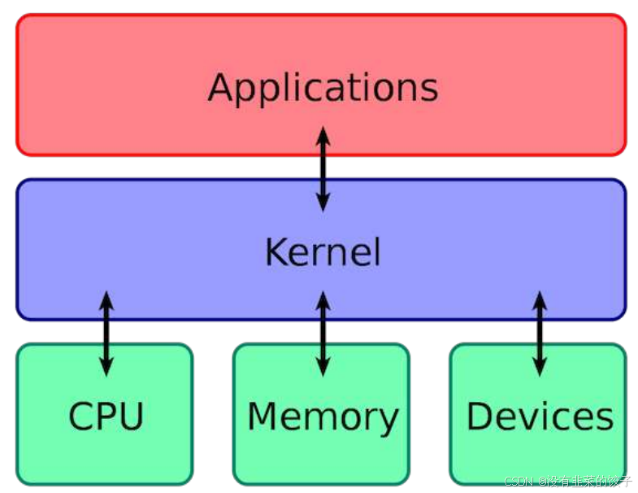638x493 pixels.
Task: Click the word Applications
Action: click(x=323, y=88)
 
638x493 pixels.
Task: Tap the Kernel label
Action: click(x=323, y=252)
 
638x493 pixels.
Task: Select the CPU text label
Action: click(x=106, y=417)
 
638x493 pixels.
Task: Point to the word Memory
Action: click(x=323, y=417)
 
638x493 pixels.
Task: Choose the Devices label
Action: click(x=540, y=417)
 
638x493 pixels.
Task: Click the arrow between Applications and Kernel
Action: click(x=323, y=168)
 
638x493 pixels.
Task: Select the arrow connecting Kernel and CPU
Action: click(x=106, y=334)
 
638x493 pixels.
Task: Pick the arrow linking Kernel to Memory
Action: click(x=323, y=334)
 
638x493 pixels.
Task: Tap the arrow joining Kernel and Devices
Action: click(x=540, y=334)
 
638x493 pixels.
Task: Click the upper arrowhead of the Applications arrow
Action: click(x=323, y=135)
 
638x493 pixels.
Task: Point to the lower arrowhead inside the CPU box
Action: click(x=106, y=367)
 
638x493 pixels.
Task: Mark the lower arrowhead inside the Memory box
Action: click(x=323, y=367)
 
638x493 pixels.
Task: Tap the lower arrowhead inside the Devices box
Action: click(x=540, y=367)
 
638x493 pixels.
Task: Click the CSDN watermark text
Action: click(x=568, y=481)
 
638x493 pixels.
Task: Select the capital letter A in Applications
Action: click(x=222, y=87)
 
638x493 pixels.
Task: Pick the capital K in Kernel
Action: click(x=276, y=252)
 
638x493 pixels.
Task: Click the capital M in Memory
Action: click(x=263, y=416)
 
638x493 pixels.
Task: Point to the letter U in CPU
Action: click(x=130, y=417)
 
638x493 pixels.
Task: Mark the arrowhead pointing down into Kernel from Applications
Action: click(x=323, y=203)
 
